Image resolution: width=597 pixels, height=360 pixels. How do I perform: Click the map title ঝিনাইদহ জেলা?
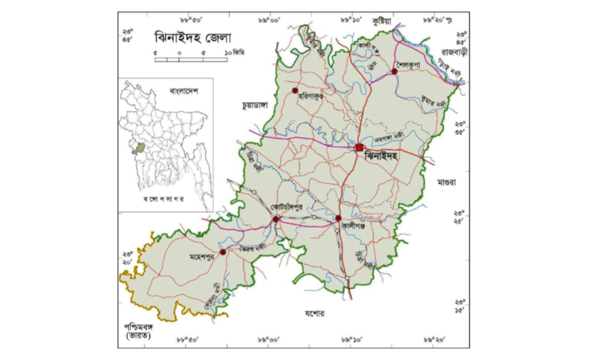tap(194, 36)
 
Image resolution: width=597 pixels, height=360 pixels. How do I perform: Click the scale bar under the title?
tap(191, 59)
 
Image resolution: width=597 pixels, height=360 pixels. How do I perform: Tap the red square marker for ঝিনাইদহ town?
tap(359, 147)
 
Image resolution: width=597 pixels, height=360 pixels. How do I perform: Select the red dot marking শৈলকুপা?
tap(394, 71)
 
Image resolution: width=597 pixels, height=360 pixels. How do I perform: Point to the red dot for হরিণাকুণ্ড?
tap(294, 90)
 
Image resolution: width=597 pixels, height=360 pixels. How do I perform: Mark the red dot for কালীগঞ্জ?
tap(338, 218)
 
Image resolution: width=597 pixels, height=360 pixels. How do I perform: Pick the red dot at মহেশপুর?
tap(223, 251)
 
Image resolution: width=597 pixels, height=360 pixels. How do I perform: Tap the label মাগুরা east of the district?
tap(446, 184)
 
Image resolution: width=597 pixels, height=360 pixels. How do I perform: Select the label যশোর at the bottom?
tap(314, 314)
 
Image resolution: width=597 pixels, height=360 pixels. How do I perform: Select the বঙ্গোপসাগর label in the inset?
tap(167, 199)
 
